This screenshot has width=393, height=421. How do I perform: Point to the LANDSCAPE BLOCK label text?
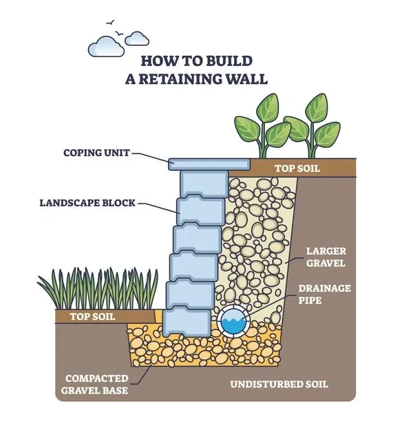pyautogui.click(x=87, y=203)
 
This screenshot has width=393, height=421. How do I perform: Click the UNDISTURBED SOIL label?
pyautogui.click(x=289, y=383)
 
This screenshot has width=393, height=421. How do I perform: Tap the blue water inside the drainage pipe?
pyautogui.click(x=233, y=323)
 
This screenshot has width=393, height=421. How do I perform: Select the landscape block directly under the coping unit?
pyautogui.click(x=202, y=182)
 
